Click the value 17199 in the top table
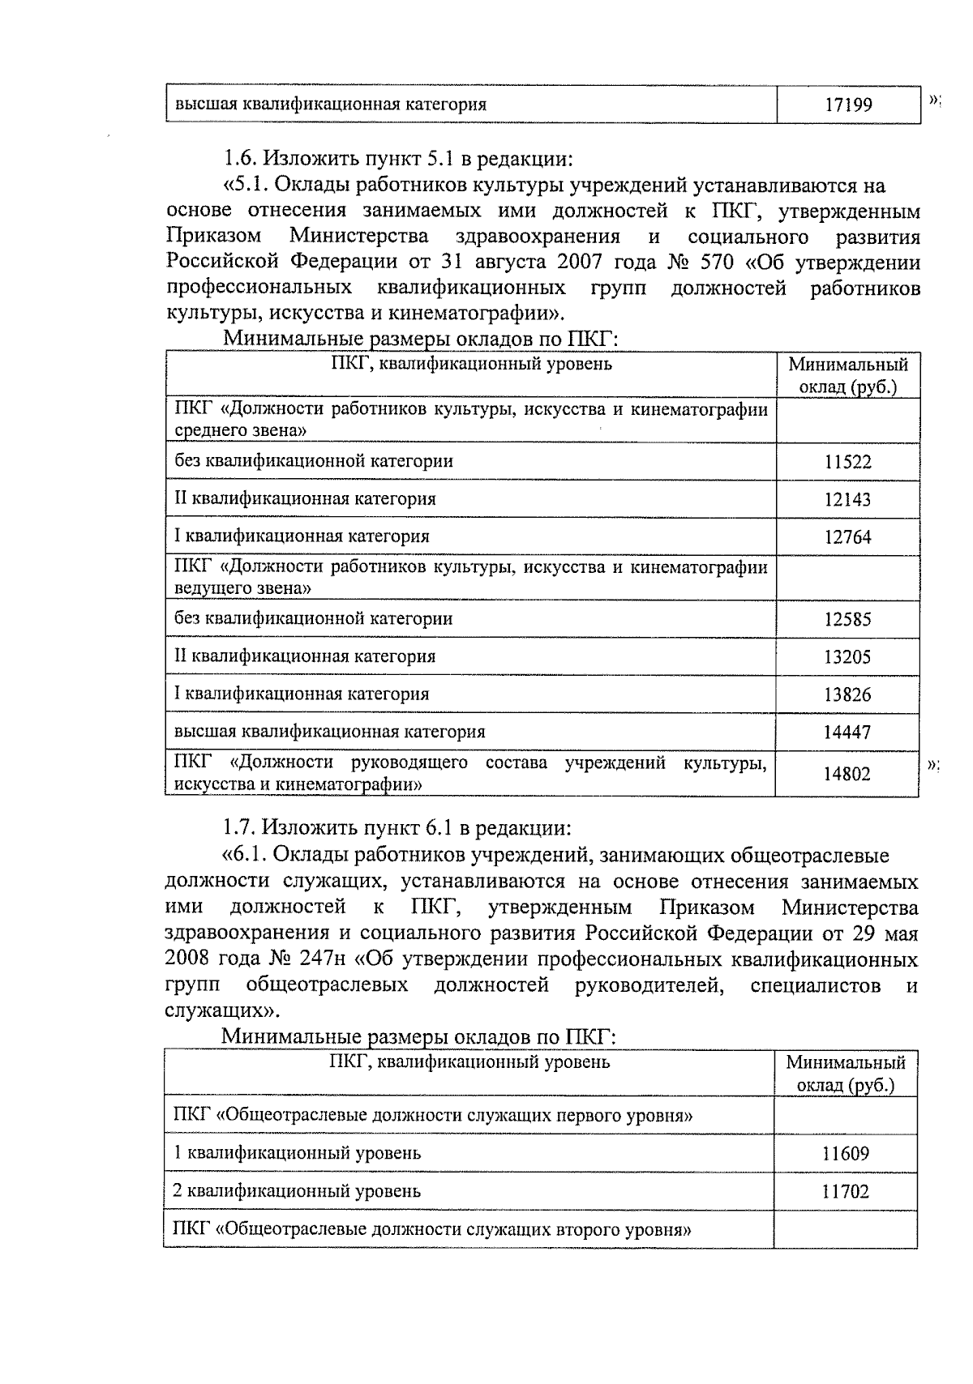pyautogui.click(x=848, y=105)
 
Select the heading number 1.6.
pyautogui.click(x=241, y=156)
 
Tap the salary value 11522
pyautogui.click(x=847, y=463)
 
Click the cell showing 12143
pyautogui.click(x=847, y=500)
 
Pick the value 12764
pyautogui.click(x=847, y=537)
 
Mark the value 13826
pyautogui.click(x=847, y=695)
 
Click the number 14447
pyautogui.click(x=847, y=733)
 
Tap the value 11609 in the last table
pyautogui.click(x=845, y=1154)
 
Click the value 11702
pyautogui.click(x=845, y=1192)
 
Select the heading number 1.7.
pyautogui.click(x=241, y=828)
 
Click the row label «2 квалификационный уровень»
pyautogui.click(x=298, y=1192)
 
